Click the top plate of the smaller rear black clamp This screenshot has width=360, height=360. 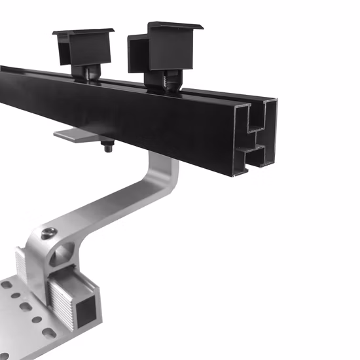point(83,32)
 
